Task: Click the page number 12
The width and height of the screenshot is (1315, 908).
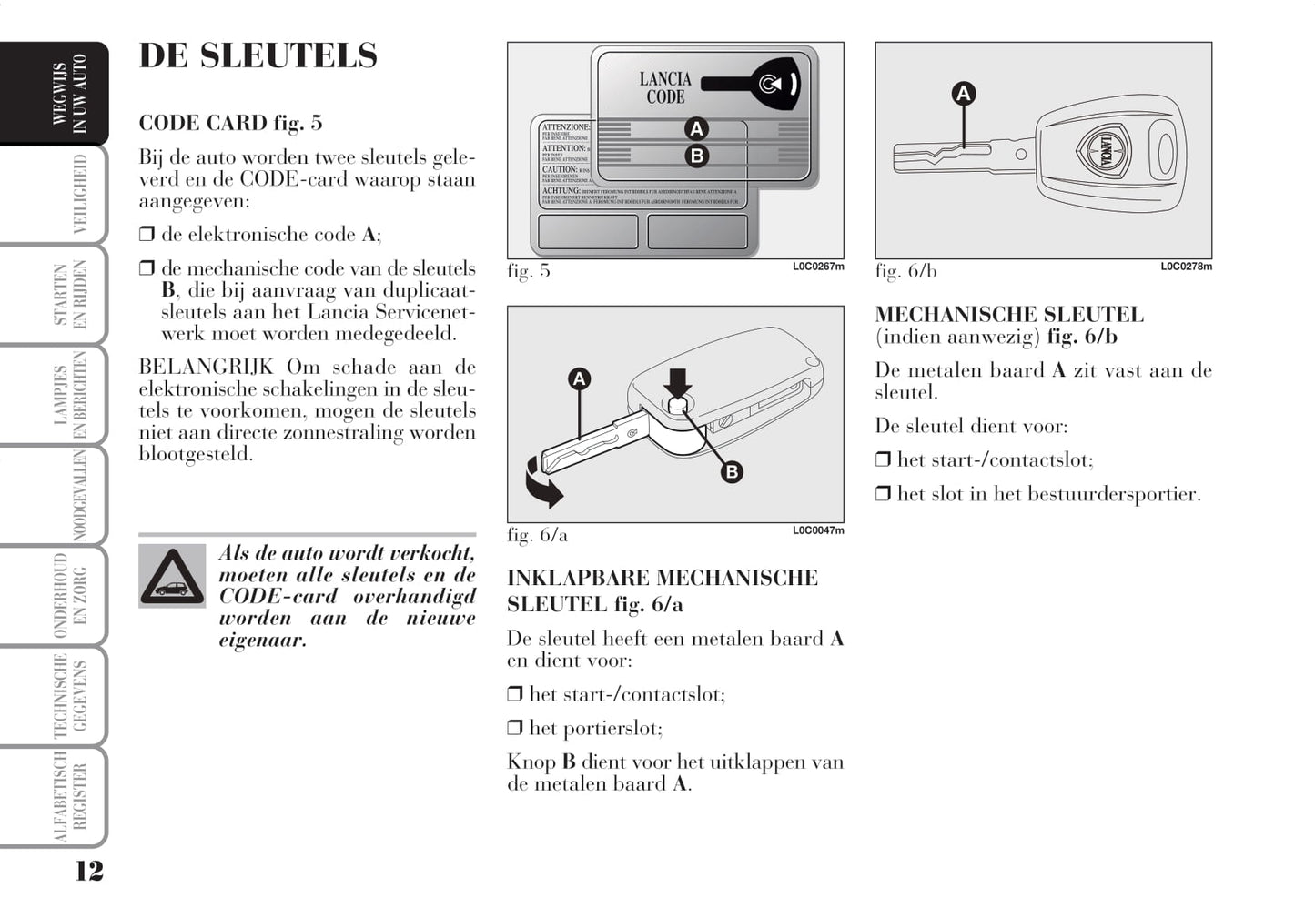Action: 88,871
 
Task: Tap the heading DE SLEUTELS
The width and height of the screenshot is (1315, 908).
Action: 258,55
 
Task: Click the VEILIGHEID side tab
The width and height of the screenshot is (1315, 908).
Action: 78,194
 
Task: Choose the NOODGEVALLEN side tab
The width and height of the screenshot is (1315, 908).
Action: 78,495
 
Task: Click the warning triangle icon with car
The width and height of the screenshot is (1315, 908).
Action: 172,576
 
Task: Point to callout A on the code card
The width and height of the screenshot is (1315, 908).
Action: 696,128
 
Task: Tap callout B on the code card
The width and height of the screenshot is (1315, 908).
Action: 696,156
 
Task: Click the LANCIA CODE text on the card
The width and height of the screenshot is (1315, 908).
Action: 665,88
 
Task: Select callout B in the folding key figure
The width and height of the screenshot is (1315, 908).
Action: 732,471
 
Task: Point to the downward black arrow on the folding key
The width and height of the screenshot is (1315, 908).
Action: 677,382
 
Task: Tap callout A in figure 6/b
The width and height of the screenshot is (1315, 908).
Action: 963,93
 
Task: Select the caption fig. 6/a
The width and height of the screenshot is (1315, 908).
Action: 537,535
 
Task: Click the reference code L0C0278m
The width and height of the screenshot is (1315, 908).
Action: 1186,267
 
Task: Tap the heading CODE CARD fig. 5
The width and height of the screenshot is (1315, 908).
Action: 230,123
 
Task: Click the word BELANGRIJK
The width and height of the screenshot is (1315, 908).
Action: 206,367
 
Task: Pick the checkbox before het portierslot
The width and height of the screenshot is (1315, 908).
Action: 515,728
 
